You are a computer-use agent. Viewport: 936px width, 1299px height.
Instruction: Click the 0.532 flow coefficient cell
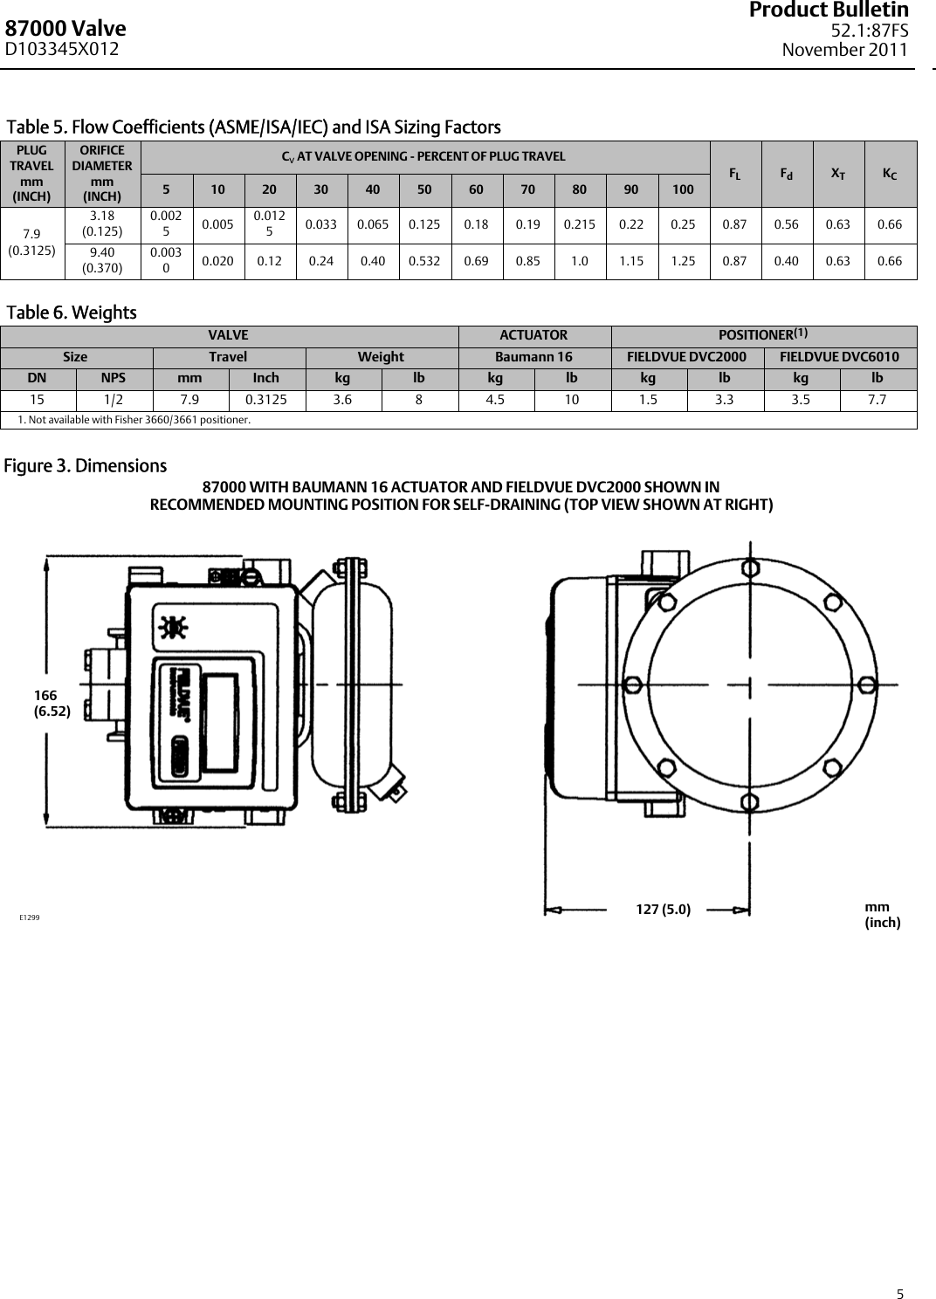(x=424, y=260)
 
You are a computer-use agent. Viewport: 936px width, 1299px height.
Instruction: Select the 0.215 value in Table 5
(x=579, y=224)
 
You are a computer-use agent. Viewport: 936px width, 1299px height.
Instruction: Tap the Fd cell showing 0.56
(x=787, y=224)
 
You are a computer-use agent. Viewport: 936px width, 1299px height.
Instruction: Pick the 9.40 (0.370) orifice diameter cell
(x=102, y=260)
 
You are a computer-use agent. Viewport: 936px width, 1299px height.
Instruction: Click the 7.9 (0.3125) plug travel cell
(x=32, y=242)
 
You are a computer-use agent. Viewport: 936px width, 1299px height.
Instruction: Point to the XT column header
(x=838, y=174)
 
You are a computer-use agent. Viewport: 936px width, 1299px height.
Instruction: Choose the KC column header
(x=890, y=174)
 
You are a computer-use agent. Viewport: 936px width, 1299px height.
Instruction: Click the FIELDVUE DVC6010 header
(x=839, y=356)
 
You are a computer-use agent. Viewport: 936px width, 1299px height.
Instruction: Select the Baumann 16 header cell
(x=533, y=356)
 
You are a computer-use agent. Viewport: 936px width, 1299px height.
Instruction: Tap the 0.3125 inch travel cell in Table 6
(x=265, y=400)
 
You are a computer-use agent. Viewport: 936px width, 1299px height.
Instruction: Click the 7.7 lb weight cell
(x=877, y=400)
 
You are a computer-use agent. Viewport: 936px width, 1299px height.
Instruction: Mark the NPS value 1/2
(x=114, y=400)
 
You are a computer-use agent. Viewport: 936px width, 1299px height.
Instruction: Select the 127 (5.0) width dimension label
(x=663, y=910)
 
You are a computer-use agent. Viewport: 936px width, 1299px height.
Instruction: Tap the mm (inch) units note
(x=882, y=915)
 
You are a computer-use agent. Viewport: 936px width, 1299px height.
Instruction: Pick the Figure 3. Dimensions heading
(x=86, y=466)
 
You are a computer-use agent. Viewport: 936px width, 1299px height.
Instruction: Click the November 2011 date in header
(x=844, y=50)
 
